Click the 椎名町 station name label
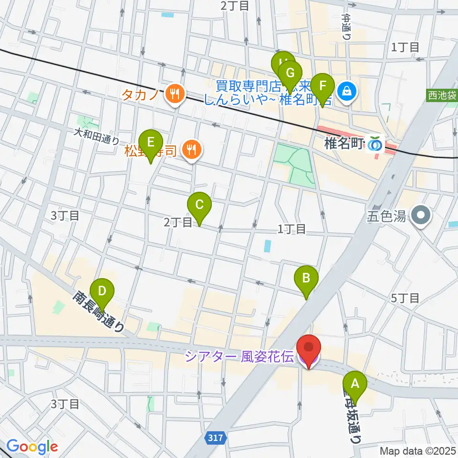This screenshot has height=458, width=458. [344, 144]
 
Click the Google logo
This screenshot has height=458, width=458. [32, 447]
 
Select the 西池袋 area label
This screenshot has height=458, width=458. [442, 96]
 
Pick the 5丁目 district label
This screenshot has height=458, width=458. [405, 299]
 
